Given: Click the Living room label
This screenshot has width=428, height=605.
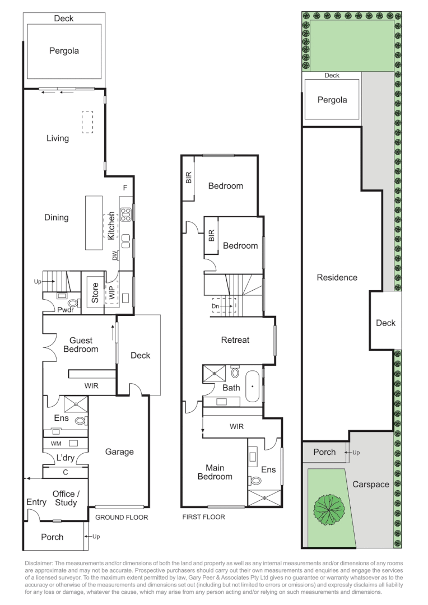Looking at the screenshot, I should pyautogui.click(x=58, y=138).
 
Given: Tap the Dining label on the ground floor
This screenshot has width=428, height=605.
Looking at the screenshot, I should pyautogui.click(x=57, y=217).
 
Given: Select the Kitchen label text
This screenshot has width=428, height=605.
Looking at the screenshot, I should pyautogui.click(x=111, y=225).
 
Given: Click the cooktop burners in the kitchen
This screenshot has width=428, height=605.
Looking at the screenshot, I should pyautogui.click(x=126, y=213).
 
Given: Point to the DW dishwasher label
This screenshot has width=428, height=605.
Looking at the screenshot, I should pyautogui.click(x=115, y=256).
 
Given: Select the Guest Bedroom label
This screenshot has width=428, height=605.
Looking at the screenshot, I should pyautogui.click(x=81, y=345).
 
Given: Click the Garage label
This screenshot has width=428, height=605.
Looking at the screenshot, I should pyautogui.click(x=119, y=452).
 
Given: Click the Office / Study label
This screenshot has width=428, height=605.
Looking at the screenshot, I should pyautogui.click(x=66, y=498).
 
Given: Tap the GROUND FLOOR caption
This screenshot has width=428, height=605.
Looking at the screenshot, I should pyautogui.click(x=122, y=518).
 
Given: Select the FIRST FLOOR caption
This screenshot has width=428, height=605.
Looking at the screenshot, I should pyautogui.click(x=204, y=517).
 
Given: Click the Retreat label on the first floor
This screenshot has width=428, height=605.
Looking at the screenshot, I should pyautogui.click(x=235, y=340).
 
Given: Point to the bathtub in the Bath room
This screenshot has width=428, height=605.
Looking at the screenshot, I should pyautogui.click(x=252, y=386).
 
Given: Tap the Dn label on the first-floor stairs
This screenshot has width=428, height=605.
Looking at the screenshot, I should pyautogui.click(x=216, y=306).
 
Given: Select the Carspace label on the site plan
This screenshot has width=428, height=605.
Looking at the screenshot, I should pyautogui.click(x=370, y=485).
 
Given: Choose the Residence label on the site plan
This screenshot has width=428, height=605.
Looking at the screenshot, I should pyautogui.click(x=337, y=277).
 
